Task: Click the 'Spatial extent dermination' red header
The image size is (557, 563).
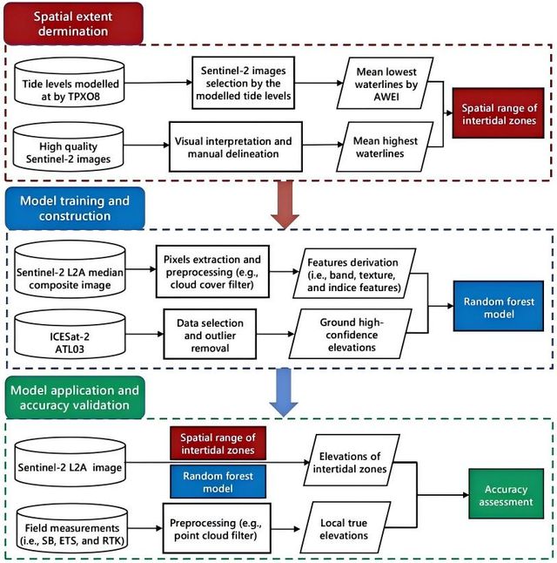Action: point(73,24)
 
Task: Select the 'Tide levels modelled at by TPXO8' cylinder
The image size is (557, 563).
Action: point(70,83)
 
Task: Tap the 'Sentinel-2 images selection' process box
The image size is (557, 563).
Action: point(243,83)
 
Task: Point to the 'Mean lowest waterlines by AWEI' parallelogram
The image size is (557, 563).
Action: point(386,83)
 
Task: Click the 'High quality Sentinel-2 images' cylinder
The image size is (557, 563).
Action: point(69,146)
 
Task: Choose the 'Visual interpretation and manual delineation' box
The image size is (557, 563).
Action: point(236,147)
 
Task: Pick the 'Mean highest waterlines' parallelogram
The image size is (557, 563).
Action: point(385,147)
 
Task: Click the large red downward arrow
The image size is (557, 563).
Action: point(285,204)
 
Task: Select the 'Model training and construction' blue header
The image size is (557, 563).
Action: point(75,208)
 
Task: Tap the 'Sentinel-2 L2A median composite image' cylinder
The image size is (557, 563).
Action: point(70,269)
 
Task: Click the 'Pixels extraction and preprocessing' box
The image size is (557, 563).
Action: point(212,271)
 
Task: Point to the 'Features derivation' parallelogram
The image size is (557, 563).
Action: point(354,274)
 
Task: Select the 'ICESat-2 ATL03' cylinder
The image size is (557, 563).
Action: point(70,335)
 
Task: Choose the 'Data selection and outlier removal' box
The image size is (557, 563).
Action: point(210,335)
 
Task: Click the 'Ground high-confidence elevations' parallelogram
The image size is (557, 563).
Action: point(351,334)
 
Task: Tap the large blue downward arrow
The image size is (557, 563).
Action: point(284,392)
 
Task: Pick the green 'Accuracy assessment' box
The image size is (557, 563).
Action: point(506,493)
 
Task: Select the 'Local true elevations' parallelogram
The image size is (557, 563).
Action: point(345,527)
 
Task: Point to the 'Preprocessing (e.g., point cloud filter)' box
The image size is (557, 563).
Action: point(217,528)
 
